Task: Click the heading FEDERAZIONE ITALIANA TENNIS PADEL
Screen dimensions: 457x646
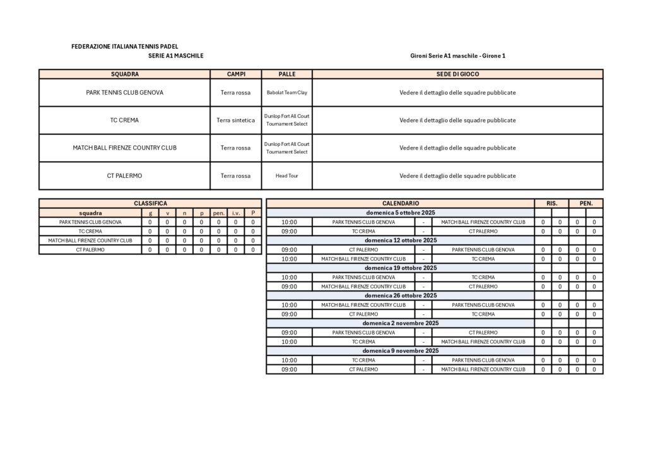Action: [x=125, y=47]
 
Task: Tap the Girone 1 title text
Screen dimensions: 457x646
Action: [x=457, y=56]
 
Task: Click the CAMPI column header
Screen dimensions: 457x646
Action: [x=236, y=74]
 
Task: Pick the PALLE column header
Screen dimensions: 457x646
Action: [x=286, y=74]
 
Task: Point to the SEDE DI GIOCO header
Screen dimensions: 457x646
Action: [x=457, y=74]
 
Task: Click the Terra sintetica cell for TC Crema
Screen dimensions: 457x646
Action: [x=236, y=120]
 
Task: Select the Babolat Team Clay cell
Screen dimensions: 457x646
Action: [x=286, y=92]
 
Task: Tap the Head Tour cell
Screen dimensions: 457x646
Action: [x=286, y=175]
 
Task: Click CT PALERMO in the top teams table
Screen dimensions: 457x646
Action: [x=124, y=175]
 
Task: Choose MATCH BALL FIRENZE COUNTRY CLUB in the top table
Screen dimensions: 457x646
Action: [x=124, y=148]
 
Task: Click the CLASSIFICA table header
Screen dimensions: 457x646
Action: [x=150, y=203]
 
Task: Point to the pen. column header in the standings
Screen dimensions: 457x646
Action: [x=219, y=213]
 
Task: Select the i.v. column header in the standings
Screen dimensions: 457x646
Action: [x=236, y=213]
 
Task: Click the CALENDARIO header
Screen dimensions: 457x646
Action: [x=400, y=203]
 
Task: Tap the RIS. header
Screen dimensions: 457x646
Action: [x=551, y=203]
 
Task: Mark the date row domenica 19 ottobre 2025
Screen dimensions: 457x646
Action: [x=400, y=268]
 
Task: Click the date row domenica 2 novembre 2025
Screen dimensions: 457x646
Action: [x=400, y=323]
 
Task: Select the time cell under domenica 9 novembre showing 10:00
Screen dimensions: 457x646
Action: [x=289, y=360]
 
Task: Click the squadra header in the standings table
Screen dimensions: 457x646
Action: [x=90, y=213]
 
